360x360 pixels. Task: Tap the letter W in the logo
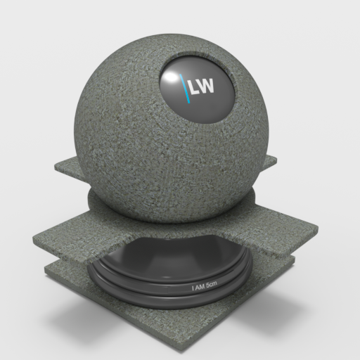tap(206, 86)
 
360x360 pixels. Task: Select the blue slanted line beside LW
tap(185, 89)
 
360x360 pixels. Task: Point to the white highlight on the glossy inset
tap(170, 77)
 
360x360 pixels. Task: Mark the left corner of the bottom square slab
tap(45, 269)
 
